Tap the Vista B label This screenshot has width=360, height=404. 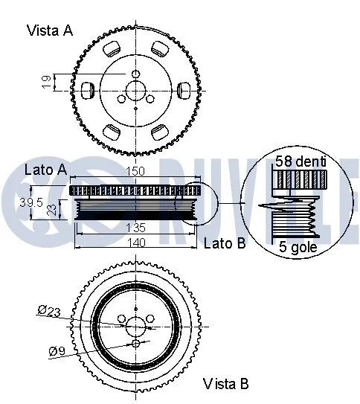226,384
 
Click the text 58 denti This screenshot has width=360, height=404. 300,161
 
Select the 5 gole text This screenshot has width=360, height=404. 295,246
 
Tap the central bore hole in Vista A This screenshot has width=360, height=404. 136,90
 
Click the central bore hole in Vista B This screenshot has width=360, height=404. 136,326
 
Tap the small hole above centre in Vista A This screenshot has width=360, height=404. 136,74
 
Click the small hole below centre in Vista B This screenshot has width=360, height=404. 136,344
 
